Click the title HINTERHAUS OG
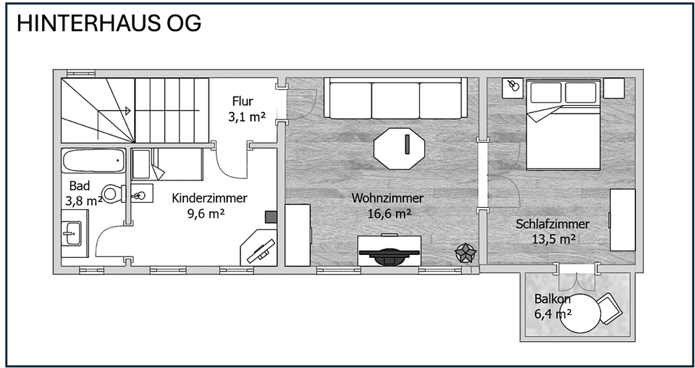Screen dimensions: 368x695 point(109,23)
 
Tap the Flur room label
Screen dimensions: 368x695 point(243,101)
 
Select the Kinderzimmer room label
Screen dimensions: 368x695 point(210,198)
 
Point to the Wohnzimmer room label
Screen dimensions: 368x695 point(387,198)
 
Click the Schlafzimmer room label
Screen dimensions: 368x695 point(552,224)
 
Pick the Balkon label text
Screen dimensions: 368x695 point(553,299)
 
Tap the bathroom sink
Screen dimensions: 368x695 point(72,232)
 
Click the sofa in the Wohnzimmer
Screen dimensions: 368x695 point(395,99)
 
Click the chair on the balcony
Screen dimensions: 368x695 point(610,307)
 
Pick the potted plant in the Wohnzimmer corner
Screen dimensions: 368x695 point(464,253)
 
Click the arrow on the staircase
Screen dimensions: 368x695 point(127,111)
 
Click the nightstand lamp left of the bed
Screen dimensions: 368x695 point(513,87)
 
